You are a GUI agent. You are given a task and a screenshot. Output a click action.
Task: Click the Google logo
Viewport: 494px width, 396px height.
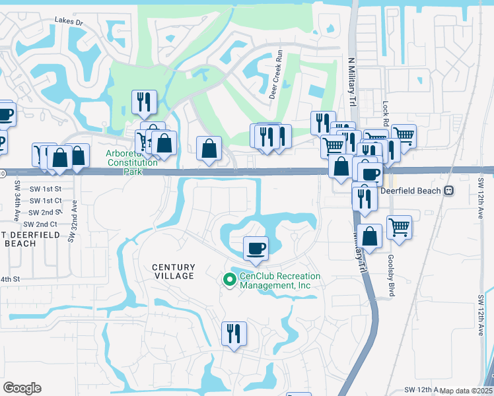22,388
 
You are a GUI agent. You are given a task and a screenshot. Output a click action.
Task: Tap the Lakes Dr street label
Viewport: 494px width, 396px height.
70,22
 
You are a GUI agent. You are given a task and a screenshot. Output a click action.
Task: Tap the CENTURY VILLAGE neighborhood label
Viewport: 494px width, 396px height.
174,271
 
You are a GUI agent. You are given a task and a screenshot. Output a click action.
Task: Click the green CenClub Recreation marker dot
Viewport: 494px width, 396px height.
230,280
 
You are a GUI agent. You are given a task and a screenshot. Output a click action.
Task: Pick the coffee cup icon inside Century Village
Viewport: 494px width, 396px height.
256,248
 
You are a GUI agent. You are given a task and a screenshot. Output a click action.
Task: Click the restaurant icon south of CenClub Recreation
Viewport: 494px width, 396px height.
234,333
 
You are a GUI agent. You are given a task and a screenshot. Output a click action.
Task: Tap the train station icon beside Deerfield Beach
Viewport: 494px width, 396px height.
449,190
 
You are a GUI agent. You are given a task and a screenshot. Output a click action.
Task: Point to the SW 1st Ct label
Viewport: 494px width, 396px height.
46,200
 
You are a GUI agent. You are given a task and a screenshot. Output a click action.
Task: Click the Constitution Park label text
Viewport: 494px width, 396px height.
132,162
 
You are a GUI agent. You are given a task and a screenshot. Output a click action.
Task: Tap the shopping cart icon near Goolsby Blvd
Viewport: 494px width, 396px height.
399,228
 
